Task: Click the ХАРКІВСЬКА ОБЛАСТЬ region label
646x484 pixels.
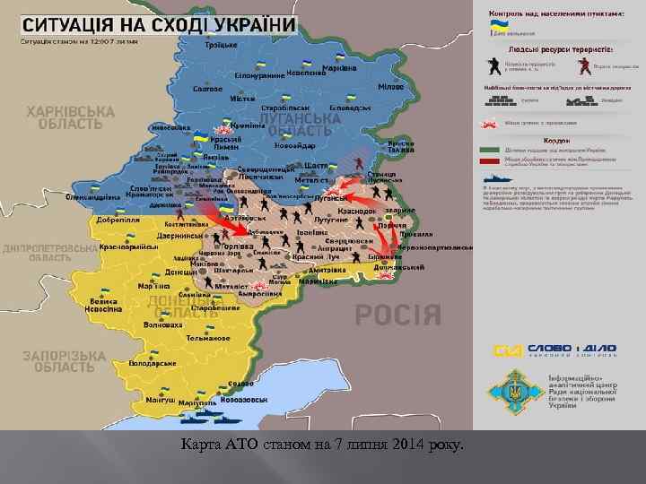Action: [71, 117]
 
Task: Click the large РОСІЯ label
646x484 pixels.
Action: [397, 315]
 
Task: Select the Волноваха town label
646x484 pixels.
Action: [162, 326]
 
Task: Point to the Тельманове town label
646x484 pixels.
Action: [207, 339]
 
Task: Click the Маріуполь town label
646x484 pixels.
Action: [197, 403]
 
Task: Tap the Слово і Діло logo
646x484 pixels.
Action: [549, 350]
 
